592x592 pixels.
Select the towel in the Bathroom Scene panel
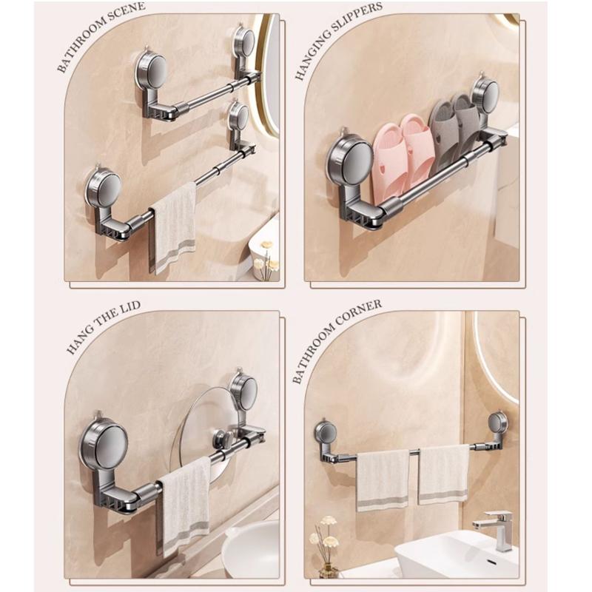click(x=174, y=226)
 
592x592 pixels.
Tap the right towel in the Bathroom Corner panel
click(x=443, y=474)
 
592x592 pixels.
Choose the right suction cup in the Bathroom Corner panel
click(x=497, y=423)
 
